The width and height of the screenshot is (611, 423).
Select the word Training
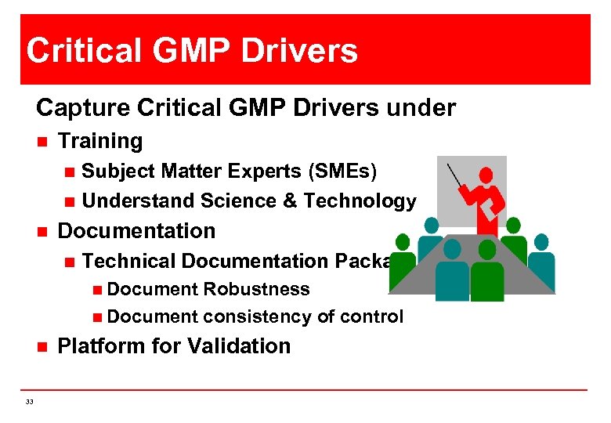coord(100,141)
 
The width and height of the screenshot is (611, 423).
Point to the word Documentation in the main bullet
coord(136,231)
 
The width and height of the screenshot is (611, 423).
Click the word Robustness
coord(256,289)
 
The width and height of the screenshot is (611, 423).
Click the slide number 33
coord(29,401)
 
